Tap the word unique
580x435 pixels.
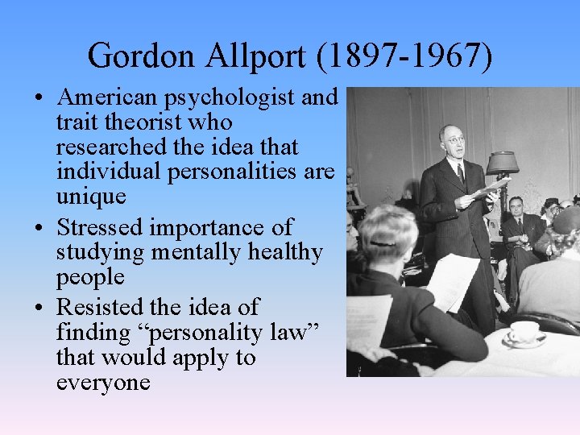pyautogui.click(x=91, y=197)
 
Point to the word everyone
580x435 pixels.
pyautogui.click(x=103, y=381)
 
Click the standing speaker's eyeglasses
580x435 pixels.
pyautogui.click(x=453, y=140)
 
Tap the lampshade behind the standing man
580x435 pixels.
pyautogui.click(x=501, y=162)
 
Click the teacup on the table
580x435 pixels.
pyautogui.click(x=524, y=332)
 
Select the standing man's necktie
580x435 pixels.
pyautogui.click(x=460, y=172)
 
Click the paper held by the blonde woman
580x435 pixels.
pyautogui.click(x=451, y=282)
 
